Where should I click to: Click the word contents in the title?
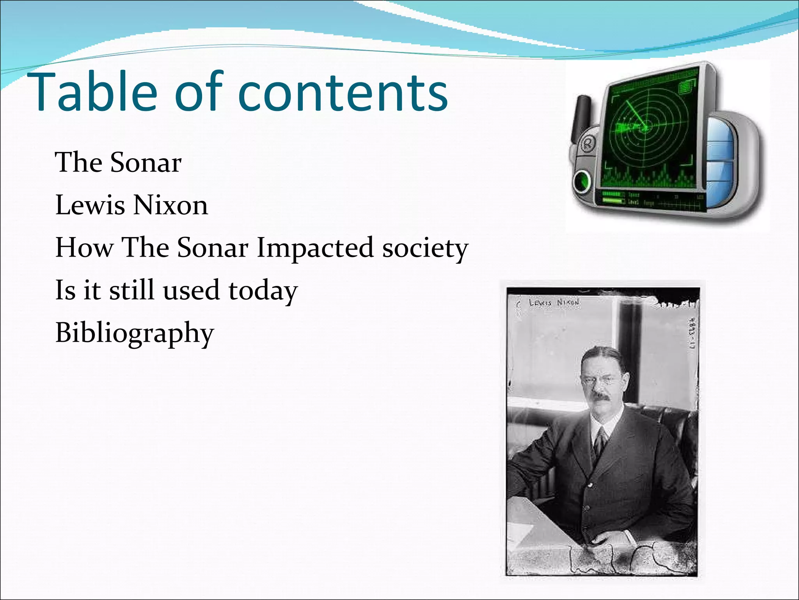[x=343, y=93]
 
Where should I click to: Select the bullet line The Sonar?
[x=118, y=162]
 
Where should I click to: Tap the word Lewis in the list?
[x=90, y=205]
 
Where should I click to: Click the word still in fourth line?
[x=131, y=290]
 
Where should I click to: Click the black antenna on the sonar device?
[x=582, y=117]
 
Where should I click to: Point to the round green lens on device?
[x=583, y=180]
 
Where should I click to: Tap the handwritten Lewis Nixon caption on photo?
[x=554, y=303]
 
